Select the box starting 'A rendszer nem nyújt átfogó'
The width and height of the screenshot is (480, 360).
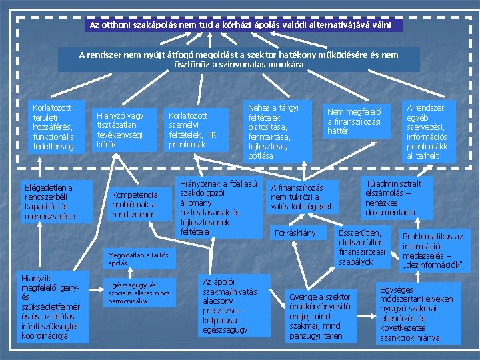(x=239, y=59)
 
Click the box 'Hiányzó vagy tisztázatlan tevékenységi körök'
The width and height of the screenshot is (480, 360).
(x=125, y=128)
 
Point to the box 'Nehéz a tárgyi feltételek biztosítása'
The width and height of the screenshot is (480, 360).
(x=276, y=131)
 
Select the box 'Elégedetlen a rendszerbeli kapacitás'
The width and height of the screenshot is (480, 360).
(x=57, y=202)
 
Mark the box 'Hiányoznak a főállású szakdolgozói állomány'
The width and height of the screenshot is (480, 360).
(x=218, y=207)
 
